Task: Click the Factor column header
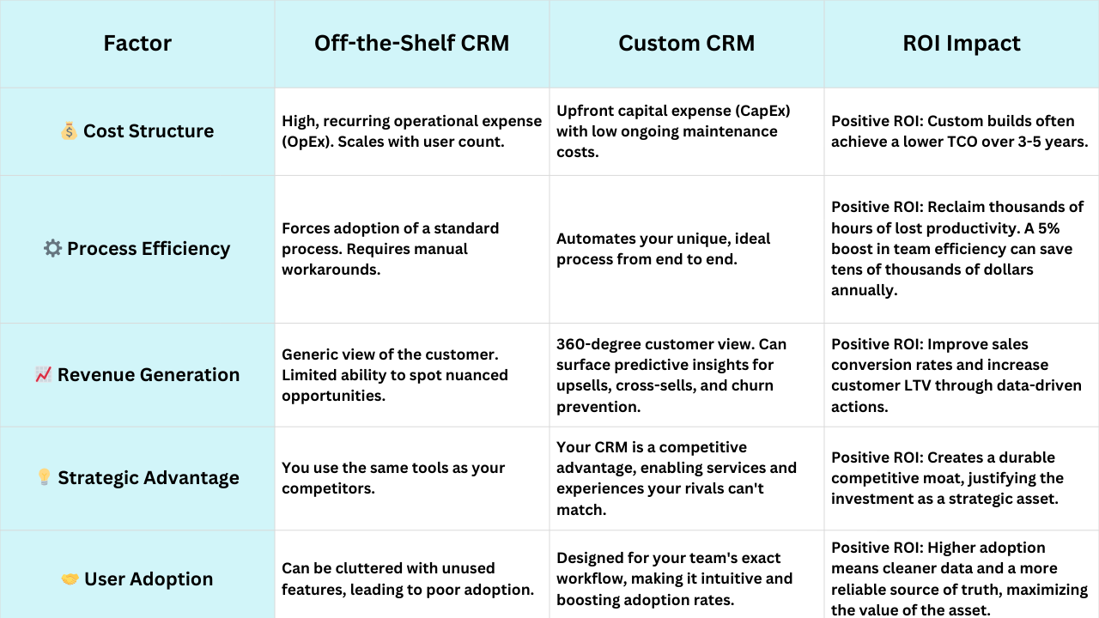pyautogui.click(x=137, y=43)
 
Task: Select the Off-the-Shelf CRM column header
pyautogui.click(x=411, y=43)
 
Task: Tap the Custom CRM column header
pyautogui.click(x=686, y=43)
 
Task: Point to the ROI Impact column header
pyautogui.click(x=962, y=43)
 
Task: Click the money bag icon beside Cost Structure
pyautogui.click(x=69, y=131)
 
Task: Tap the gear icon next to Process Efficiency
pyautogui.click(x=52, y=248)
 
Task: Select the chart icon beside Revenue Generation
pyautogui.click(x=43, y=375)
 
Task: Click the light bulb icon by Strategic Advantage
pyautogui.click(x=44, y=477)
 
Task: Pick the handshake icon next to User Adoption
pyautogui.click(x=70, y=579)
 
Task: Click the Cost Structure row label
pyautogui.click(x=149, y=131)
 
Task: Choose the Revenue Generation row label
pyautogui.click(x=149, y=375)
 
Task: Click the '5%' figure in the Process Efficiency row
pyautogui.click(x=1048, y=228)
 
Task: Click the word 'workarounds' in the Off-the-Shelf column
pyautogui.click(x=331, y=270)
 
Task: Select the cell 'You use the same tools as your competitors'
pyautogui.click(x=393, y=478)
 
